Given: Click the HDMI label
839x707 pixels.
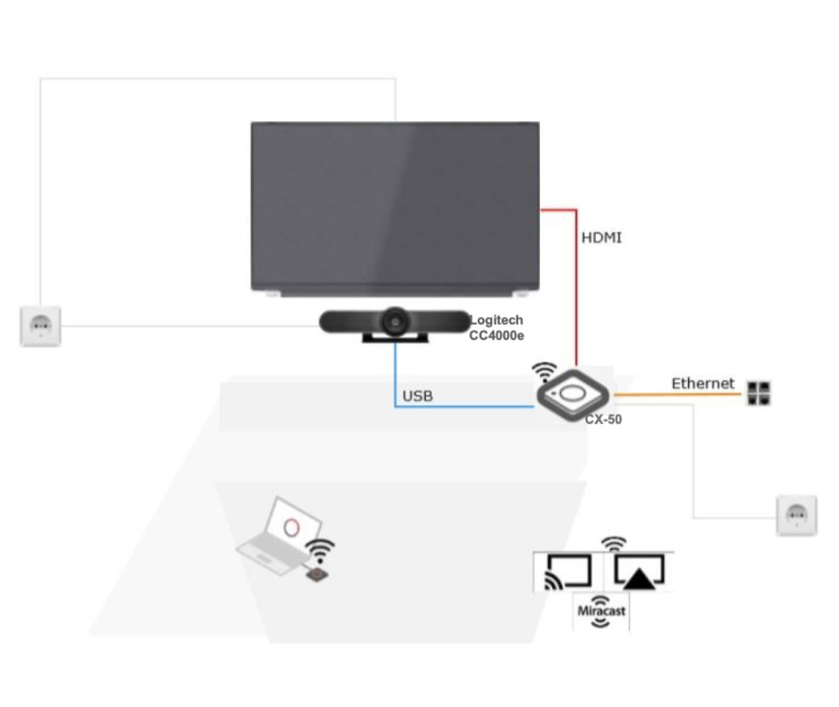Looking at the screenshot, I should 601,238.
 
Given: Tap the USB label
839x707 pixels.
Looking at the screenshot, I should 417,396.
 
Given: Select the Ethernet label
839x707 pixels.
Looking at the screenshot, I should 702,383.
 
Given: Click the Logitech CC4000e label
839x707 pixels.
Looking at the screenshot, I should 496,327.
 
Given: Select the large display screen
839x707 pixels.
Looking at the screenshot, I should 395,206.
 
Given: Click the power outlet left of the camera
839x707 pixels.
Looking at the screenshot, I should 40,326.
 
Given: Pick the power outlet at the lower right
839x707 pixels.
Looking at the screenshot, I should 796,514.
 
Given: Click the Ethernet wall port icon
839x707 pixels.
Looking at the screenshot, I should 758,394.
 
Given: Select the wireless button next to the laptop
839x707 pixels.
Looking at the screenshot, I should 318,574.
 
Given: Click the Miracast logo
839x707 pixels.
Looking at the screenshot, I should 601,610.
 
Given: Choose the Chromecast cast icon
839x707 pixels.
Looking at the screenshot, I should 568,573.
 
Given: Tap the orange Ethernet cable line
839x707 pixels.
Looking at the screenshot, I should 676,395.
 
